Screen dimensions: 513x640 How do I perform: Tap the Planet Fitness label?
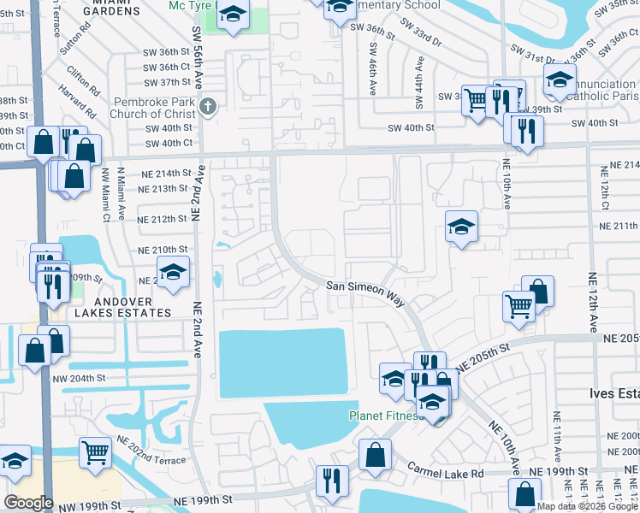(386, 416)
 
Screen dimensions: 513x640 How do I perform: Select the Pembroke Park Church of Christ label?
(154, 108)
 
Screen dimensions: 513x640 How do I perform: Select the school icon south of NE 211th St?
(461, 227)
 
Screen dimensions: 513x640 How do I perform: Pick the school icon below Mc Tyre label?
(231, 15)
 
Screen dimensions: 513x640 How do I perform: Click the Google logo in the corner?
(27, 503)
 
